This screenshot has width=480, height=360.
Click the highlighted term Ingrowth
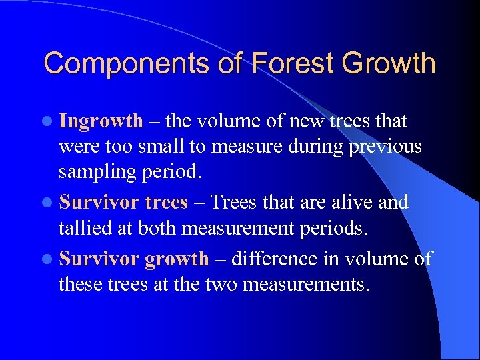click(101, 121)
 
